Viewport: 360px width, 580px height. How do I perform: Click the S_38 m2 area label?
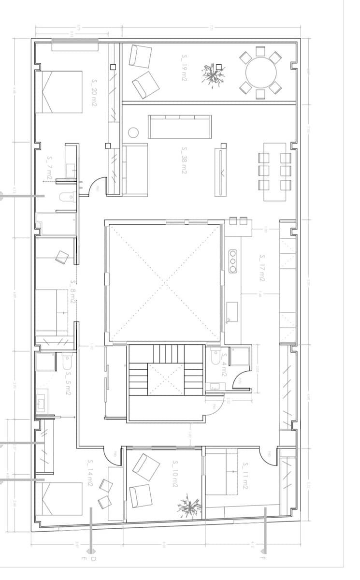point(184,161)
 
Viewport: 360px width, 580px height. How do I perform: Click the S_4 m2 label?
point(224,364)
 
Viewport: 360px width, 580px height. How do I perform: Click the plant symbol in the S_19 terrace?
point(213,75)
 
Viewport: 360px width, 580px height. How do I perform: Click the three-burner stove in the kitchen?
point(233,261)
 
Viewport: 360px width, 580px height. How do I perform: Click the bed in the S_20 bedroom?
point(59,92)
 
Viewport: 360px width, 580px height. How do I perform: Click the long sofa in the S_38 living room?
point(180,127)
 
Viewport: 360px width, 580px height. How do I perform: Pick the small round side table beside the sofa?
point(133,132)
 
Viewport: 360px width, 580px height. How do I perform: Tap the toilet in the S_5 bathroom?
point(67,363)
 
